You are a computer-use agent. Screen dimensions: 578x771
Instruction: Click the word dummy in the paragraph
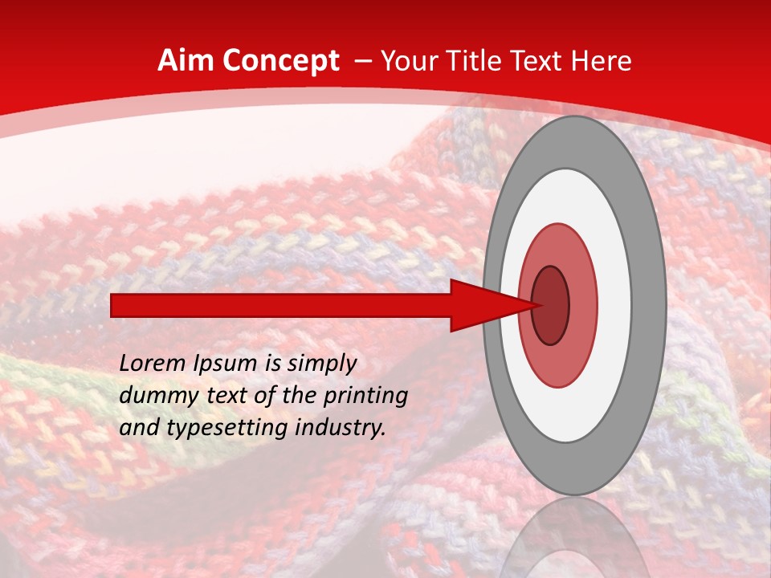(x=153, y=395)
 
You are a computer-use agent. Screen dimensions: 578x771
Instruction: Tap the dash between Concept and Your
(x=362, y=61)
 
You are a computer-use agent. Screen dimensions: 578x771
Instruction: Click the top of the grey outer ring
(x=573, y=140)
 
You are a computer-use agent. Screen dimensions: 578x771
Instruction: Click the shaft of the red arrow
(x=281, y=305)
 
